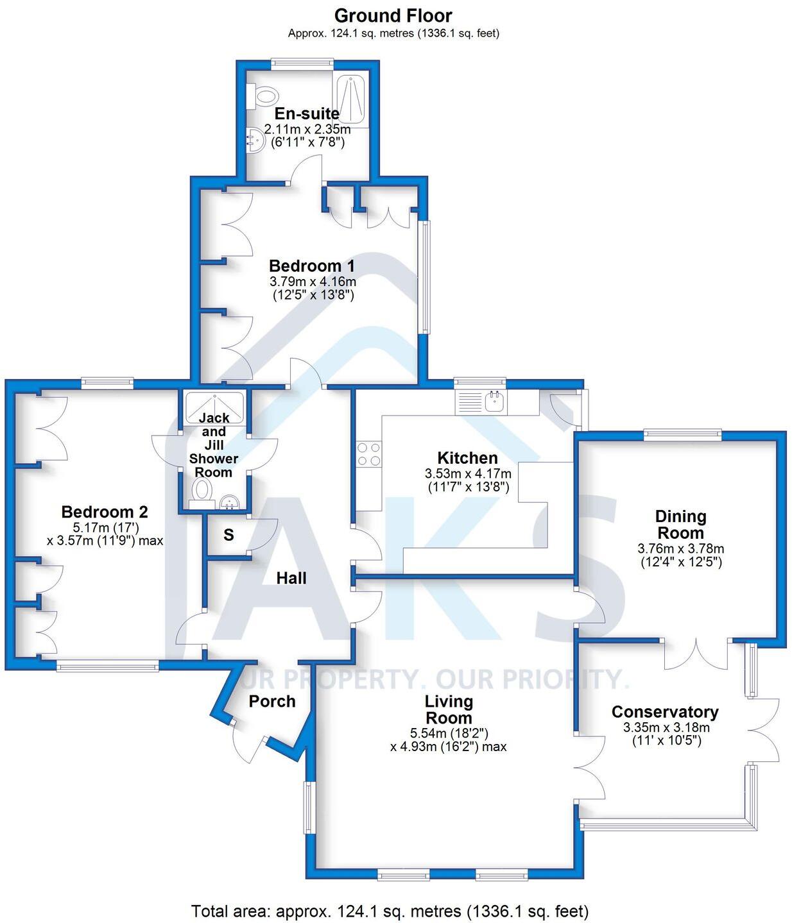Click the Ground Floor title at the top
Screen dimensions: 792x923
coord(393,15)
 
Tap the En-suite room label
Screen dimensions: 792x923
coord(307,114)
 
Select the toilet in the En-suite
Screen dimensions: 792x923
coord(262,96)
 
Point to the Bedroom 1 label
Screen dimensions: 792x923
coord(312,266)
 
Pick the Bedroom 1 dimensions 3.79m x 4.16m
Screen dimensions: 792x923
coord(313,281)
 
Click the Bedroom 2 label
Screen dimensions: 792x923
coord(105,512)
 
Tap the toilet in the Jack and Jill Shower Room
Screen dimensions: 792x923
coord(203,492)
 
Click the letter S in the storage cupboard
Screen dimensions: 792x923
coord(228,535)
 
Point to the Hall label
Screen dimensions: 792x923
coord(291,579)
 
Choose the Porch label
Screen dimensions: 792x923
coord(272,702)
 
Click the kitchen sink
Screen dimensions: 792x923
coord(495,402)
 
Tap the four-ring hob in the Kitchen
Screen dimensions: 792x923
coord(368,454)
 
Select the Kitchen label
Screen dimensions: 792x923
coord(467,458)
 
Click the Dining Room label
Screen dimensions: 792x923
coord(680,525)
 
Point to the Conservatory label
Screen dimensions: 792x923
coord(665,712)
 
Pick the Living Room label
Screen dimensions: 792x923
coord(449,709)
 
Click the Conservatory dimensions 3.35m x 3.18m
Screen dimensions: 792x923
coord(666,727)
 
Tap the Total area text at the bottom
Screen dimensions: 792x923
coord(390,911)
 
